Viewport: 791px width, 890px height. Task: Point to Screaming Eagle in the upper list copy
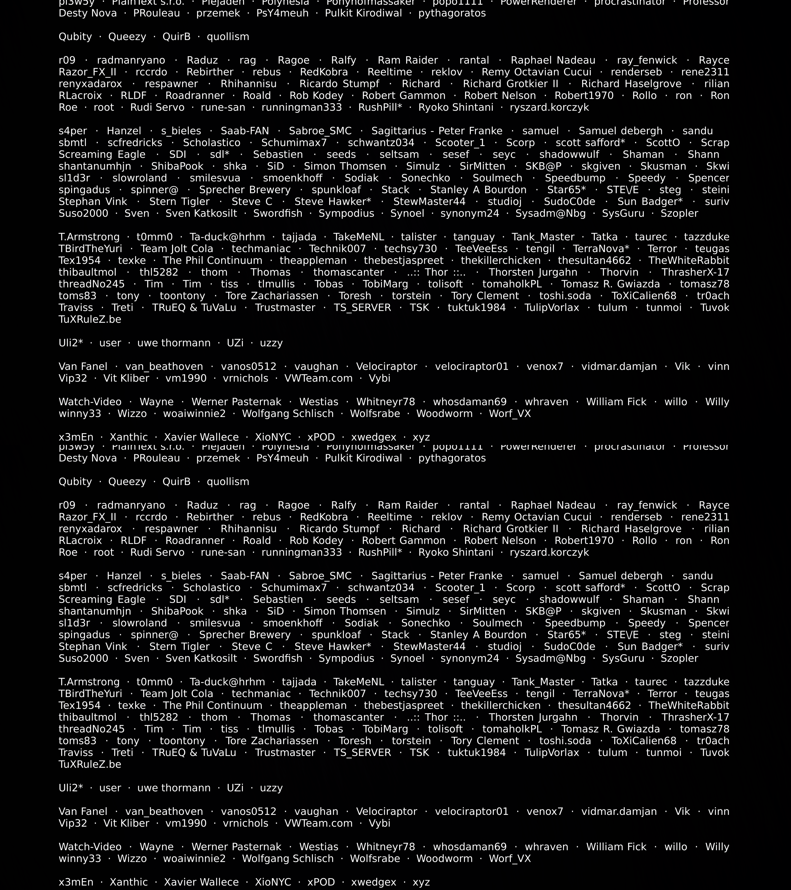point(102,155)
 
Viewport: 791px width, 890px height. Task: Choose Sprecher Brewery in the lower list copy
point(245,635)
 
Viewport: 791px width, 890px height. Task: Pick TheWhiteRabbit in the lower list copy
point(689,705)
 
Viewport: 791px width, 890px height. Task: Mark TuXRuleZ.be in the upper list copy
point(90,320)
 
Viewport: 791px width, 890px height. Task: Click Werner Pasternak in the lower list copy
point(236,847)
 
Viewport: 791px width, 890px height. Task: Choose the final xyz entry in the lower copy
point(421,882)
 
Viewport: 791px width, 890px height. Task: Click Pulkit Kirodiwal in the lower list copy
point(363,458)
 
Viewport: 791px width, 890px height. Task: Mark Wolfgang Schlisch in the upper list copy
point(288,414)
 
